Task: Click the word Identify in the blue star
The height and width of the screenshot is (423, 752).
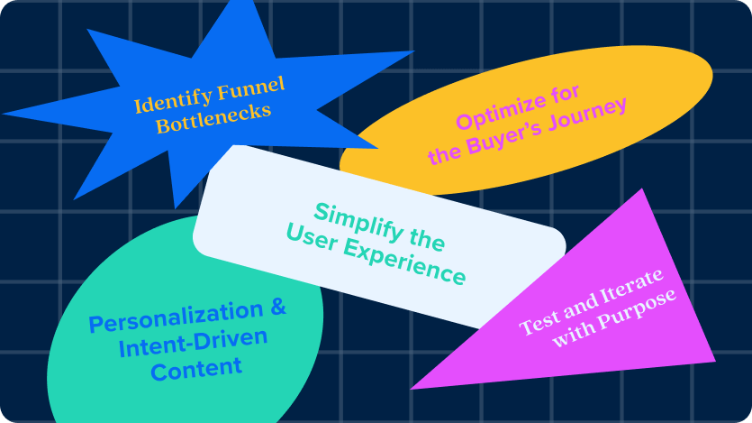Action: click(173, 99)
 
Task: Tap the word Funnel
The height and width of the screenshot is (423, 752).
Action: click(251, 87)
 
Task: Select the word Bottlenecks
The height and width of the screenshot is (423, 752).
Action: click(213, 119)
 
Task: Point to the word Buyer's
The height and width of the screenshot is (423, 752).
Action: click(505, 139)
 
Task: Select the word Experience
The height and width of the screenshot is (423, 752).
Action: click(404, 262)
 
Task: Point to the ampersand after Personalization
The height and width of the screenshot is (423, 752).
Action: click(278, 307)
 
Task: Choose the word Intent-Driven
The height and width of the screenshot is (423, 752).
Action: click(193, 344)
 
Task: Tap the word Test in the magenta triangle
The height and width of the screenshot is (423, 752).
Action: click(539, 323)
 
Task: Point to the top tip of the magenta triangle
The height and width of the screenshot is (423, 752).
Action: click(642, 189)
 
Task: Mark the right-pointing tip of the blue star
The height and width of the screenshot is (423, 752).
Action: click(414, 51)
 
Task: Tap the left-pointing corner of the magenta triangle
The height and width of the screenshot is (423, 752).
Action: click(411, 389)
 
